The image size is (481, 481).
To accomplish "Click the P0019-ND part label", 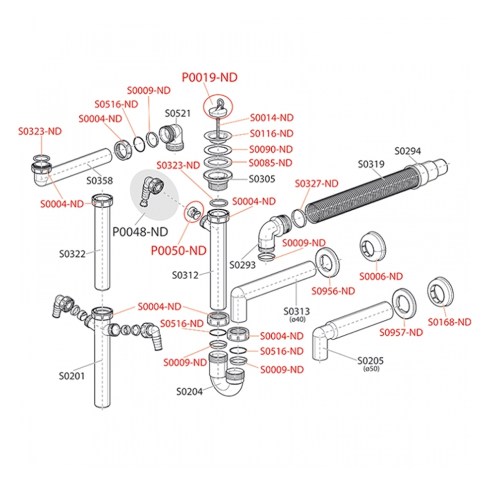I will pos(209,77).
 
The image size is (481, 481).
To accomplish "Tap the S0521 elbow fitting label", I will pos(178,114).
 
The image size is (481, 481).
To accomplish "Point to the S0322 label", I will pos(72,253).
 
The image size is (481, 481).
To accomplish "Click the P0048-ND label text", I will pos(139,231).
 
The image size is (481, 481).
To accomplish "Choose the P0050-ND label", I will pos(179,250).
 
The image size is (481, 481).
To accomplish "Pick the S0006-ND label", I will pos(381,276).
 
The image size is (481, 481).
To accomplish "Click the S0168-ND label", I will pos(449,322).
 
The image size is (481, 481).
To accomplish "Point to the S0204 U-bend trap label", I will pos(189,391).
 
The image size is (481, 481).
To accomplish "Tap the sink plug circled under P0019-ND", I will pos(217,107).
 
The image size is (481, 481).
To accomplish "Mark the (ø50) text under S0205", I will pos(371,369).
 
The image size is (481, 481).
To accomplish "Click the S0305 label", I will pos(262,179).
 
